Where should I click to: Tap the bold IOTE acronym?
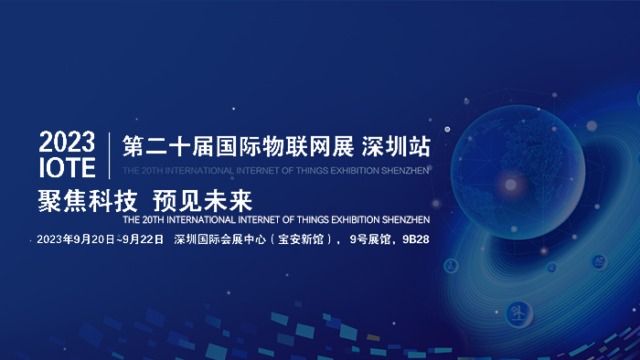[x=67, y=167]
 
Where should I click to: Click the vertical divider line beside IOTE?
[x=109, y=154]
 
